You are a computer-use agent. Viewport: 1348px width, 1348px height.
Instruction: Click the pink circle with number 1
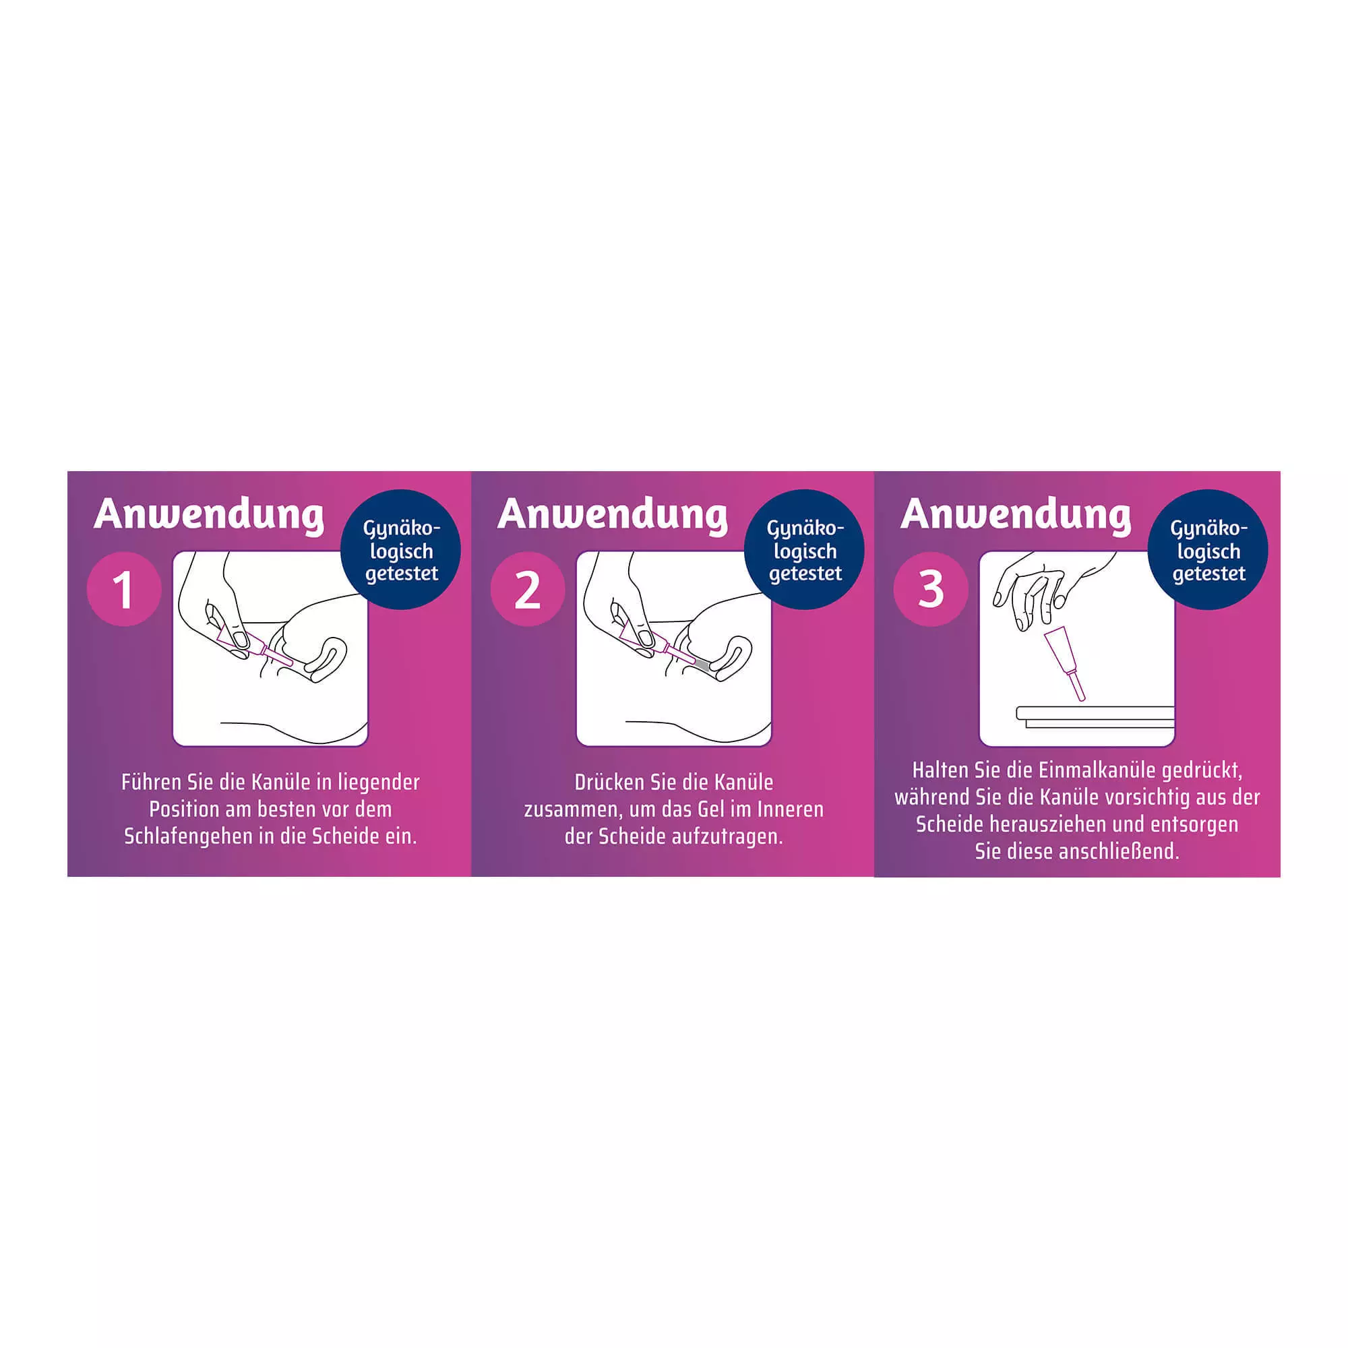(124, 590)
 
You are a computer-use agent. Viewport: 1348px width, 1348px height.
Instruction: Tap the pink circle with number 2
(528, 590)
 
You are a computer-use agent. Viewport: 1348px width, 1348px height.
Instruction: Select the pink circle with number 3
(931, 590)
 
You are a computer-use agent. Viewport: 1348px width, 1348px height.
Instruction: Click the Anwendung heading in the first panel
(210, 515)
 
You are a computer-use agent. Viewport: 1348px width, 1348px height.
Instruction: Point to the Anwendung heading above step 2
(613, 515)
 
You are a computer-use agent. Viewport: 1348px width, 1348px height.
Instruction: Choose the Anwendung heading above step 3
(1016, 515)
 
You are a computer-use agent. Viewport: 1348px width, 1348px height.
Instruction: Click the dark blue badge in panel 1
(401, 550)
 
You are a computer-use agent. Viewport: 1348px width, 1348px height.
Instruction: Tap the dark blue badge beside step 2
(805, 550)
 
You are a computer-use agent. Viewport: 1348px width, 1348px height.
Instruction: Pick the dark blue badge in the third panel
(1208, 550)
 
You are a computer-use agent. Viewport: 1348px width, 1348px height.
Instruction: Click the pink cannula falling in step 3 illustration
(1066, 662)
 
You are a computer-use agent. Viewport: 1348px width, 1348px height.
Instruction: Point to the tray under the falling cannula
(1095, 716)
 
